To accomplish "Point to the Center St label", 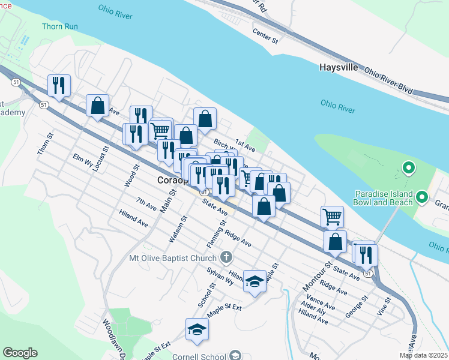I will [x=266, y=37].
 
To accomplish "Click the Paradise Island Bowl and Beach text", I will [x=384, y=198].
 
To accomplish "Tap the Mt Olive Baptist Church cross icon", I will [x=226, y=258].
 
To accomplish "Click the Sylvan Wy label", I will [x=220, y=276].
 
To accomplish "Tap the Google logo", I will [x=20, y=353].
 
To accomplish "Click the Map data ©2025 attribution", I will [x=424, y=355].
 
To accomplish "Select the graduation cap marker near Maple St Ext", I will [x=197, y=331].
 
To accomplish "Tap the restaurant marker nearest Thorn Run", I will [x=59, y=85].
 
